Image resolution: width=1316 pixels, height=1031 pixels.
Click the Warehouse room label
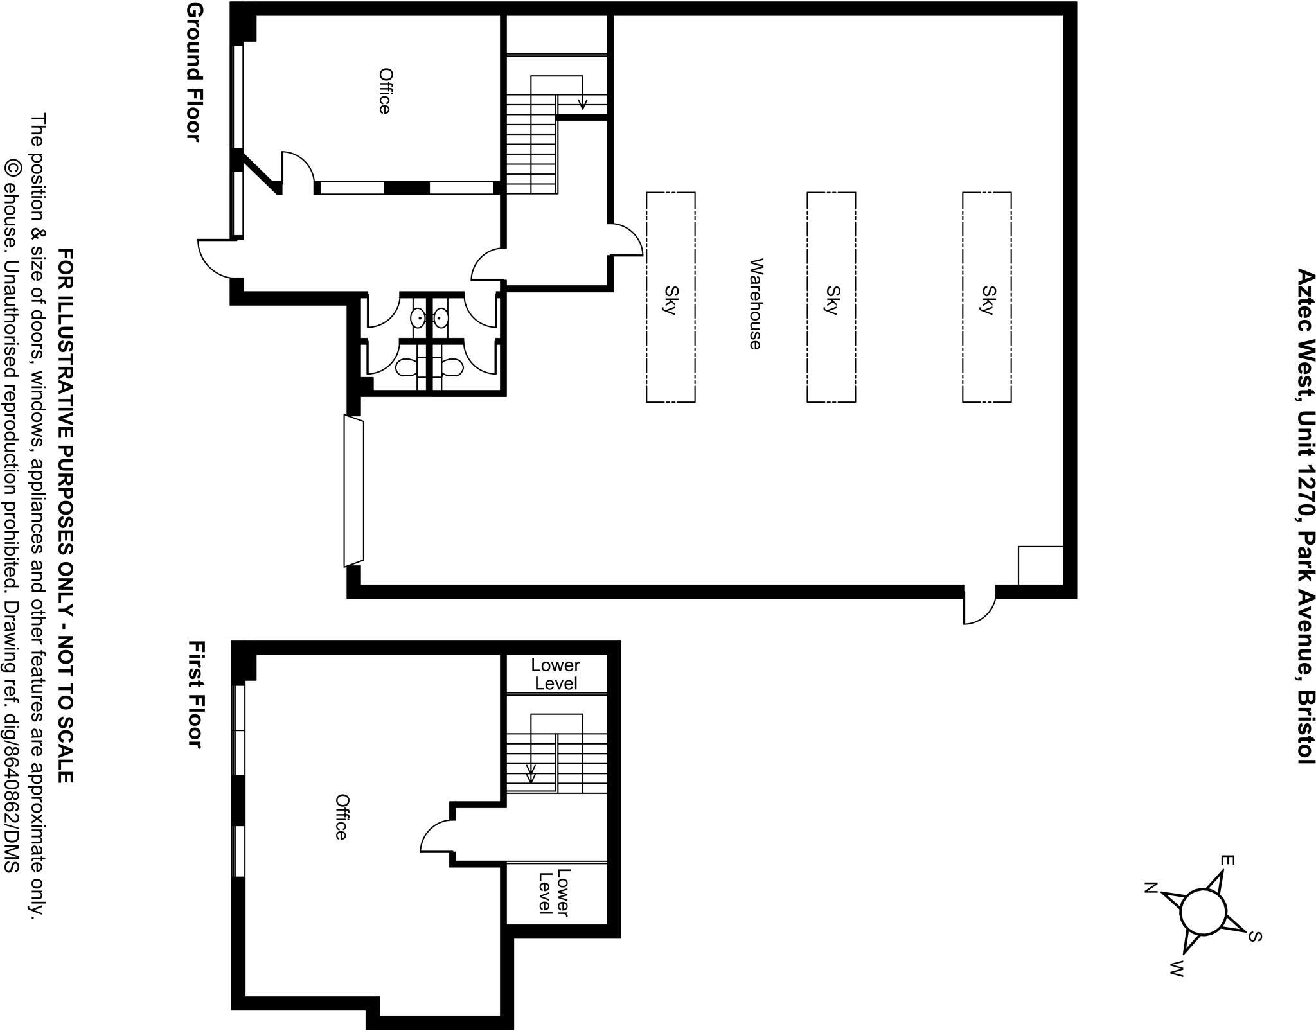pos(756,304)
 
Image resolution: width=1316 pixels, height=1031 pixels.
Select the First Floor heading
pos(195,694)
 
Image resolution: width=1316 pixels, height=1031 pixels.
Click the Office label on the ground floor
pos(384,91)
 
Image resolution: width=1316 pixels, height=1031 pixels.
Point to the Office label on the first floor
pos(342,816)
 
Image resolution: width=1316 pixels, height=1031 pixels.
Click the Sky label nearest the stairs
pos(670,300)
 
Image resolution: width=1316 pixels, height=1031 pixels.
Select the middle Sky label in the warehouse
pos(831,300)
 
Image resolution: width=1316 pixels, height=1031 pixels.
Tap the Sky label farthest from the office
pos(987,300)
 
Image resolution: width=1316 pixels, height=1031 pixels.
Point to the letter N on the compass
pos(1151,889)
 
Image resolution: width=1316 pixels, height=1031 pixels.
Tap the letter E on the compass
pos(1226,860)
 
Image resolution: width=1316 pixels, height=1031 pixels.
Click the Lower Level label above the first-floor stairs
pos(556,674)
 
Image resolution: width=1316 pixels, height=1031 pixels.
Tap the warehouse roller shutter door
pos(354,491)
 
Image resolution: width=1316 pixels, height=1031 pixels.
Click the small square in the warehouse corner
pos(1040,565)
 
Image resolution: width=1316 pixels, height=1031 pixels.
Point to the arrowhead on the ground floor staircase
pos(583,104)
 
